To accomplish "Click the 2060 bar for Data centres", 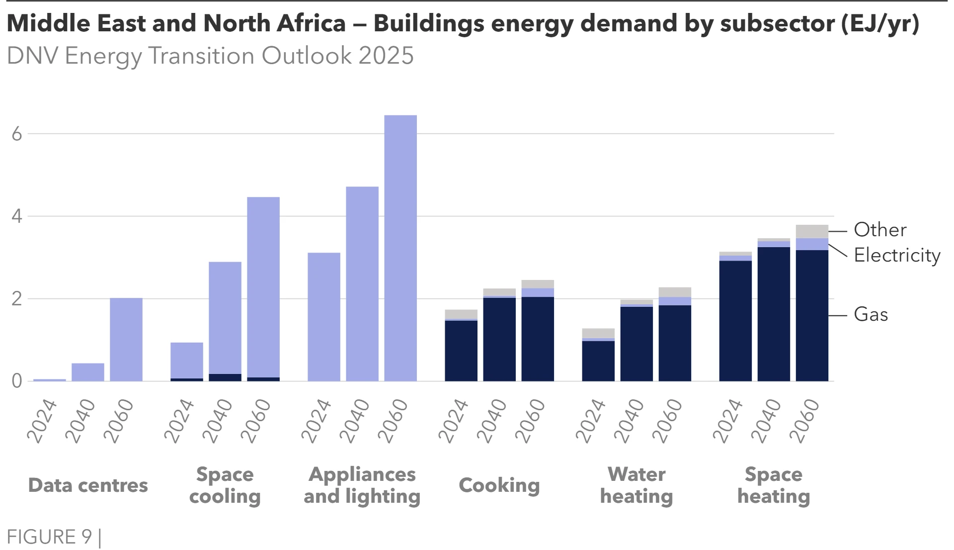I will [126, 340].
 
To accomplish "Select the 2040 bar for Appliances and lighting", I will [362, 284].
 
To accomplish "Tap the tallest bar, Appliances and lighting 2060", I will [400, 248].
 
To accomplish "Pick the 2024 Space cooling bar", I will [187, 361].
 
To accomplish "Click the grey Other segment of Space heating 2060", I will [812, 232].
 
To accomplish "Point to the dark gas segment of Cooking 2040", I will [499, 340].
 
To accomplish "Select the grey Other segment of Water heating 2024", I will [598, 333].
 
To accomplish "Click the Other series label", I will [880, 230].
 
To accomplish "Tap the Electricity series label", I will [897, 256].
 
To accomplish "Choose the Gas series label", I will [871, 315].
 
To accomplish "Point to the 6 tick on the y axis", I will [17, 134].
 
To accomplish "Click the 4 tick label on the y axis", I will [17, 216].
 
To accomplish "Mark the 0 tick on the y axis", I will [17, 381].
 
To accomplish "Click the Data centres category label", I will [88, 485].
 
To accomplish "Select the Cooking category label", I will [499, 485].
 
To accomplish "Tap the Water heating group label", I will [636, 485].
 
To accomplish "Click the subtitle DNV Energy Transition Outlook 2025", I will [210, 56].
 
